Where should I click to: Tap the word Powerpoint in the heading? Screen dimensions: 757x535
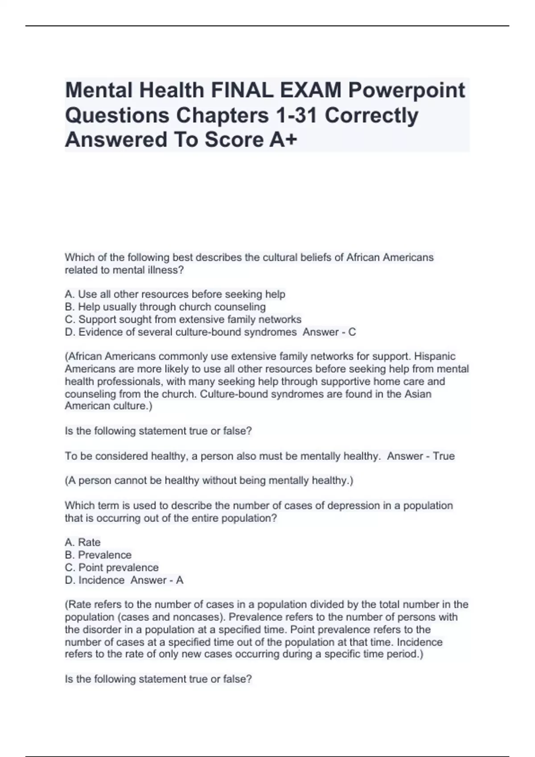[406, 90]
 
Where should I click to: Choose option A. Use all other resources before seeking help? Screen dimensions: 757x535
[175, 294]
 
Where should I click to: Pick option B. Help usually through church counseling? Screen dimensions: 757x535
[165, 307]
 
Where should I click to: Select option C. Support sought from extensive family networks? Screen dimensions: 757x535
[183, 319]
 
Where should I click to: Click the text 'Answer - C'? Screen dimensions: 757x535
[329, 332]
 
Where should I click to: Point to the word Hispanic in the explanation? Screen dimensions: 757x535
[435, 356]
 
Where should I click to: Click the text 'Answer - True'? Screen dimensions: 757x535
[420, 456]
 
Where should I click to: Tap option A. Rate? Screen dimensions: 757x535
[82, 542]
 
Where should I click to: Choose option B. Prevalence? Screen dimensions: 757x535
[98, 555]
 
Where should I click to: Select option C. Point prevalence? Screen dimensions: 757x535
[111, 567]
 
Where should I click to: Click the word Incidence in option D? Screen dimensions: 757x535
[101, 580]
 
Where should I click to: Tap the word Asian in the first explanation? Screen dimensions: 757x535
[419, 394]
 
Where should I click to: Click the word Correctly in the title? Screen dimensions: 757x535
[371, 115]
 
